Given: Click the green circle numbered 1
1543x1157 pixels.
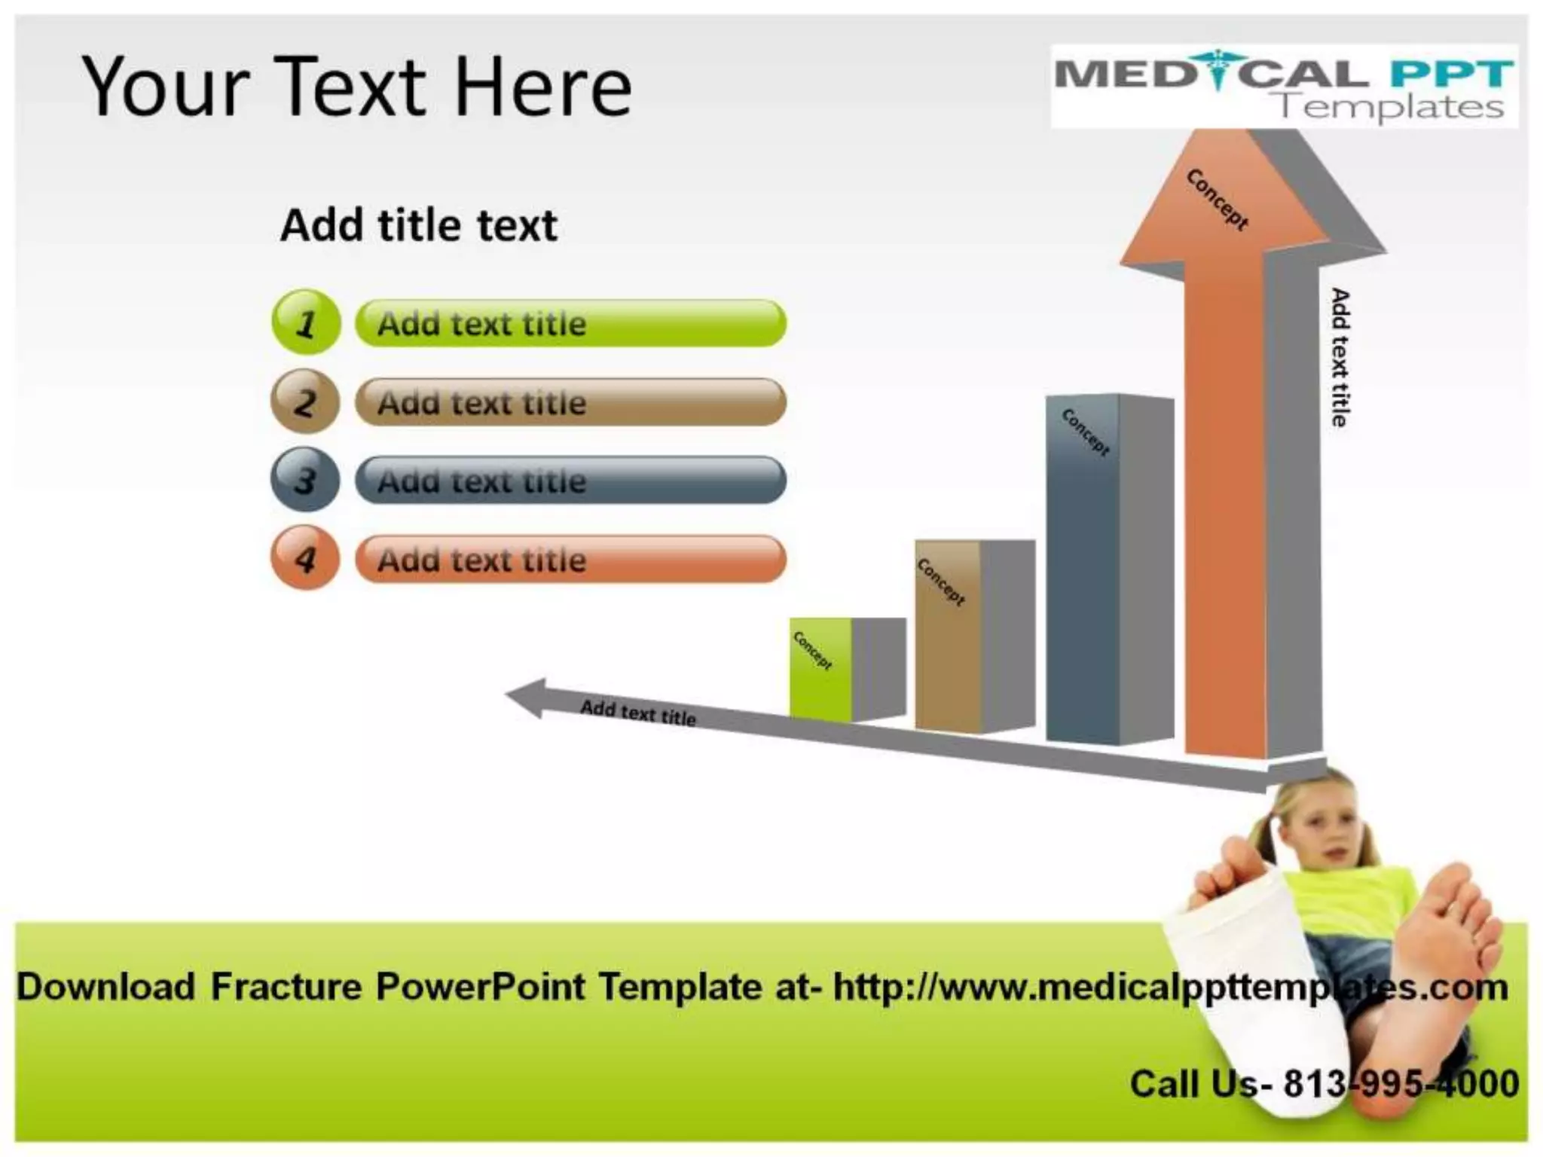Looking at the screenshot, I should point(306,322).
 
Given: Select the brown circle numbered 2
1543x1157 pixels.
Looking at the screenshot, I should point(305,401).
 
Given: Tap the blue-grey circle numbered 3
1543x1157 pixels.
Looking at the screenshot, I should point(305,480).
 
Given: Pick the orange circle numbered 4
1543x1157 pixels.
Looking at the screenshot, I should point(305,558).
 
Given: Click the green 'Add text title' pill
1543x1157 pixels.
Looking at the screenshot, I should point(570,324).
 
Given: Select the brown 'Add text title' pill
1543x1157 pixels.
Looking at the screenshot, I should point(570,402).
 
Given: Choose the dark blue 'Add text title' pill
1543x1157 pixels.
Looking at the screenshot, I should point(570,481).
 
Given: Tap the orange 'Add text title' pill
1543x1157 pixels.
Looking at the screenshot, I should point(570,560).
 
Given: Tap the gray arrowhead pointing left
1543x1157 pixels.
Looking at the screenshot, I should point(527,697).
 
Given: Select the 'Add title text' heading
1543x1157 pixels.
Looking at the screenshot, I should point(419,225).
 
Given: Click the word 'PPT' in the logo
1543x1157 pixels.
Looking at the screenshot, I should point(1451,74).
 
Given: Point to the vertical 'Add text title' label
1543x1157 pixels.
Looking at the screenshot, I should point(1339,357).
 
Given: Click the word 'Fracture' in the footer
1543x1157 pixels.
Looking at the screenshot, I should point(286,987).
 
